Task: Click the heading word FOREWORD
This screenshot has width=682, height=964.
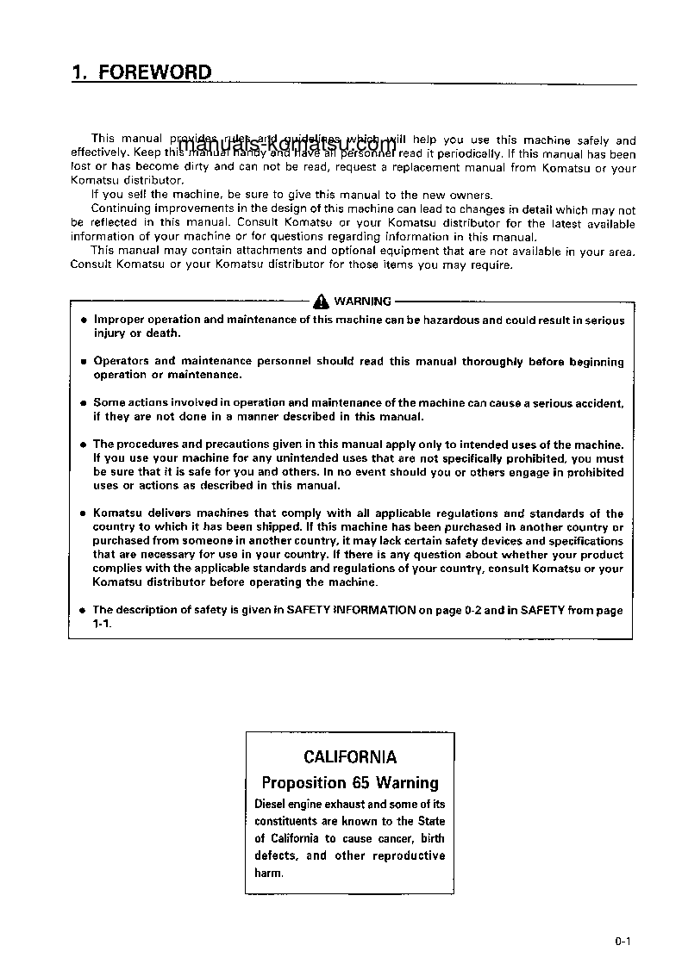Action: [154, 72]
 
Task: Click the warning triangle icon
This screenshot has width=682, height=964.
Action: [321, 301]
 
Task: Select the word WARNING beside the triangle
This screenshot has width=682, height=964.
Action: [362, 302]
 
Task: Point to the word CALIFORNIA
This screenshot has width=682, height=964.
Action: [350, 757]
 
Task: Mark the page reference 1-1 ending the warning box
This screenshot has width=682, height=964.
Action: [102, 623]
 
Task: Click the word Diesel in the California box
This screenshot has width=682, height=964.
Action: [272, 804]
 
